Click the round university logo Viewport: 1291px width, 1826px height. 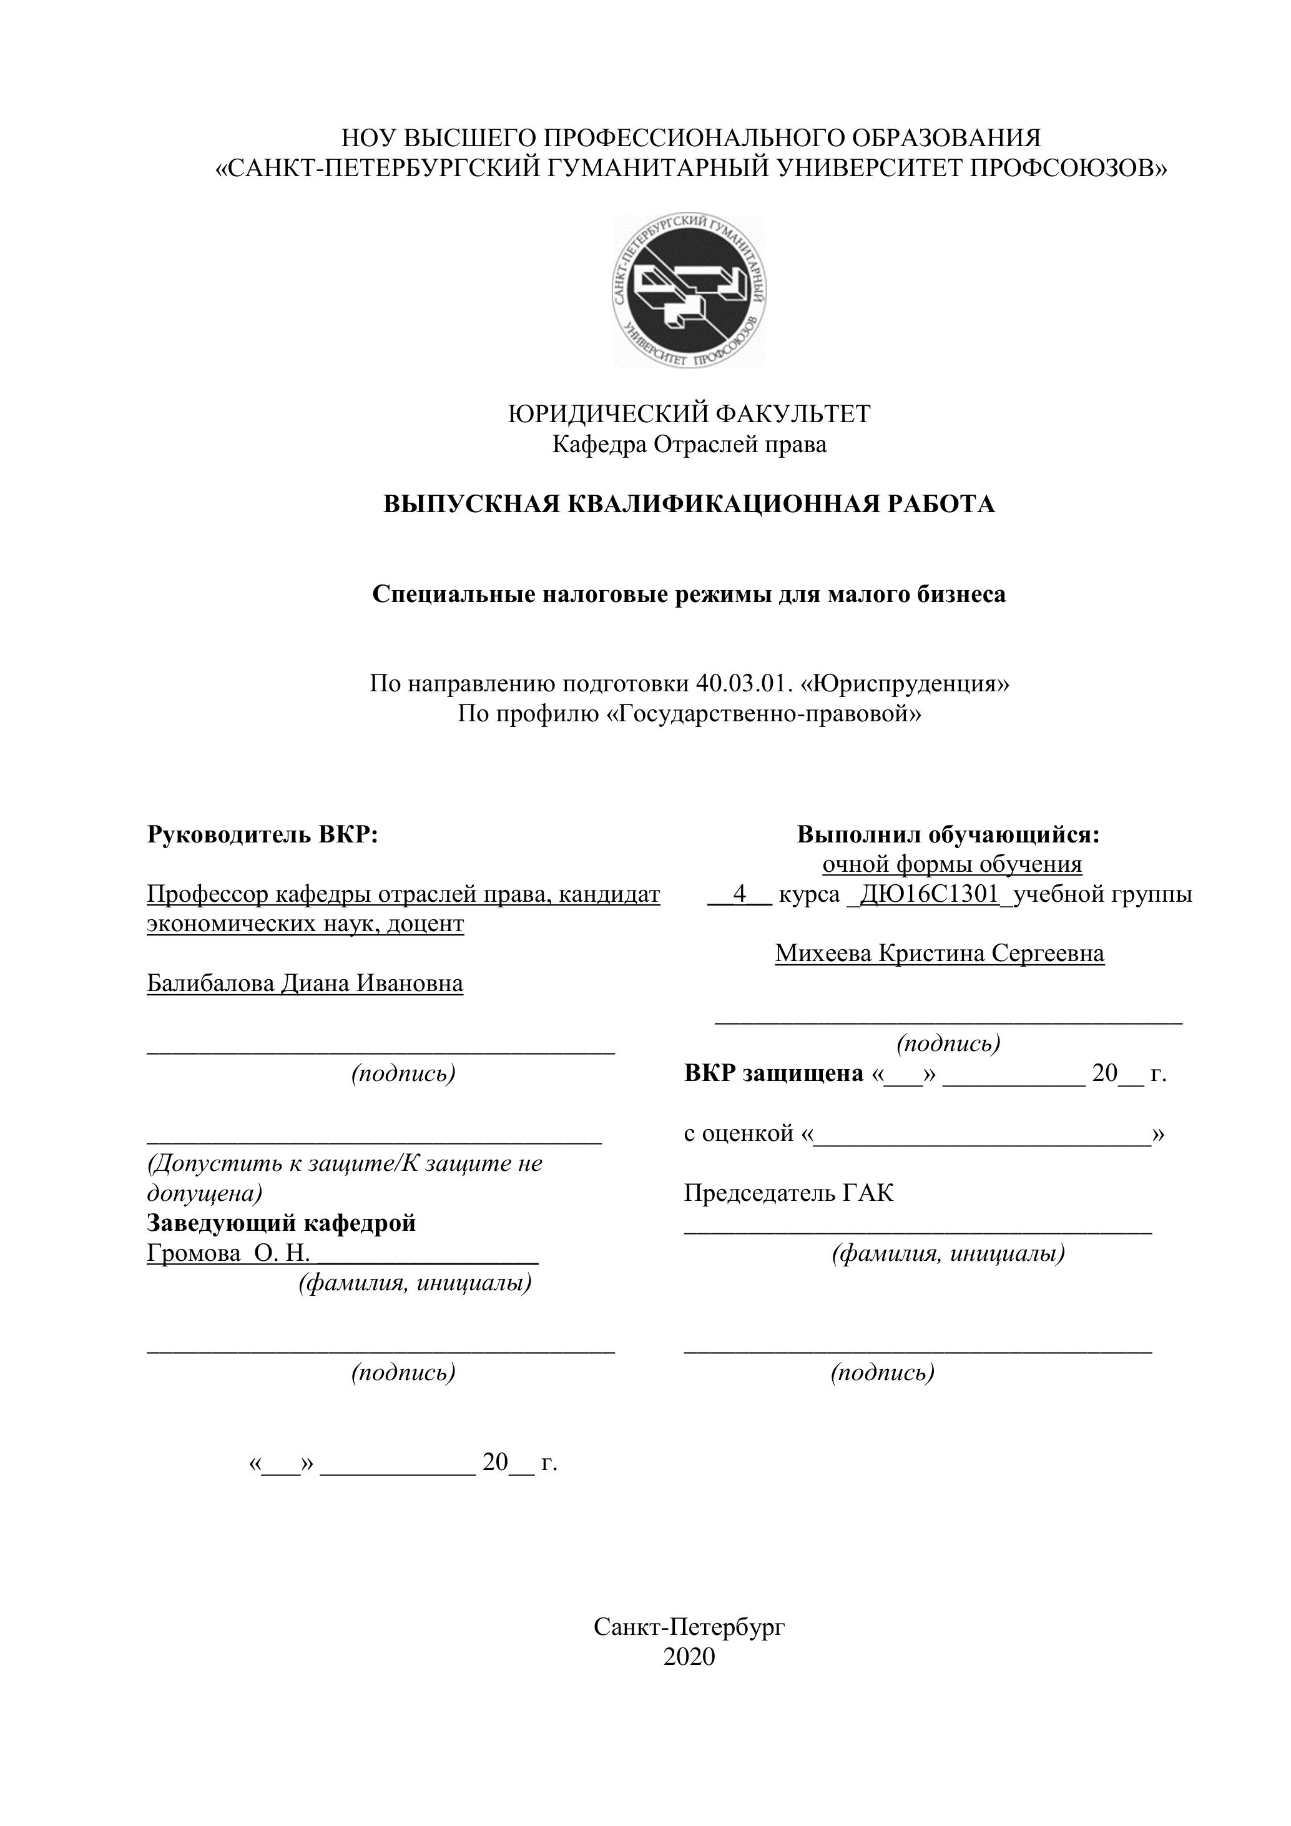tap(689, 291)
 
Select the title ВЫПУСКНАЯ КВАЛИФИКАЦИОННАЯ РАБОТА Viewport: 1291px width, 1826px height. tap(689, 504)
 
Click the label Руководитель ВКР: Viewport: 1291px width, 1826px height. tap(262, 834)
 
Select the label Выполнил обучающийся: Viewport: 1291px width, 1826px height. tap(948, 834)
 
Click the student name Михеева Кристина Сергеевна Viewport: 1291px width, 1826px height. tap(940, 953)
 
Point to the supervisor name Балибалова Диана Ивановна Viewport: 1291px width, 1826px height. tap(305, 984)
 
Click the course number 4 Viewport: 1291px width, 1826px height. tap(739, 894)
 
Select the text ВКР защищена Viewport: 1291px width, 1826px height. tap(773, 1073)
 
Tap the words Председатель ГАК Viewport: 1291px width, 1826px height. tap(788, 1193)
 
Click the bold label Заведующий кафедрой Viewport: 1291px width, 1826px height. tap(282, 1222)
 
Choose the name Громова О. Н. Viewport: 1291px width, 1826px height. tap(228, 1253)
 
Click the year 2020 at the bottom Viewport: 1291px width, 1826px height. tap(689, 1657)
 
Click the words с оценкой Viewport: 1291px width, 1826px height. tap(739, 1133)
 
